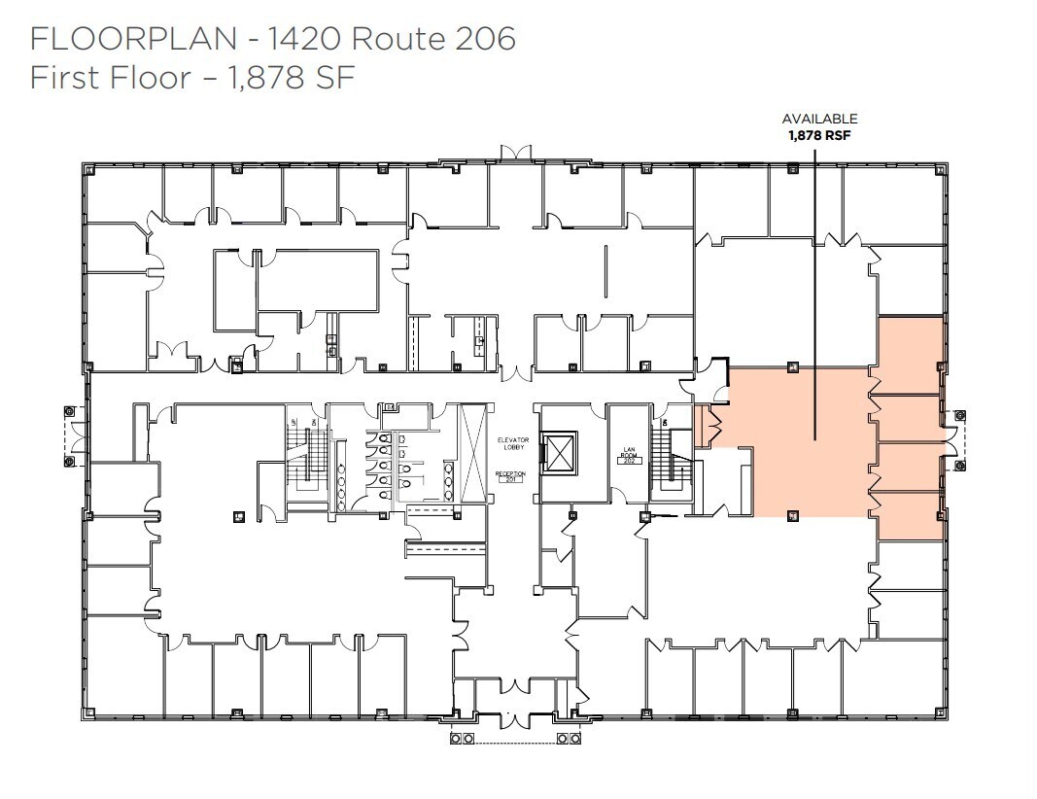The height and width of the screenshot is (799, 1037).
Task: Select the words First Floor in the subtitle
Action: pos(110,77)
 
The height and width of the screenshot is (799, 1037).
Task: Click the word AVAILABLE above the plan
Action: pos(819,120)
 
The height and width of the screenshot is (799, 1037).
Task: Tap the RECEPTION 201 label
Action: pos(510,476)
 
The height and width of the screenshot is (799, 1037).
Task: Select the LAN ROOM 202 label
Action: pos(628,455)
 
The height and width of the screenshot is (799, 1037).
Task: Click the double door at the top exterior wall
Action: pos(514,155)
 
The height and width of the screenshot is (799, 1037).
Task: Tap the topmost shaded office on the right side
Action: pos(911,355)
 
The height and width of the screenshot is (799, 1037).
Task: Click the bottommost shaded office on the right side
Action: pos(911,516)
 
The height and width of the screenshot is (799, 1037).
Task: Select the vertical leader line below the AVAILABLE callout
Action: pos(814,292)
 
